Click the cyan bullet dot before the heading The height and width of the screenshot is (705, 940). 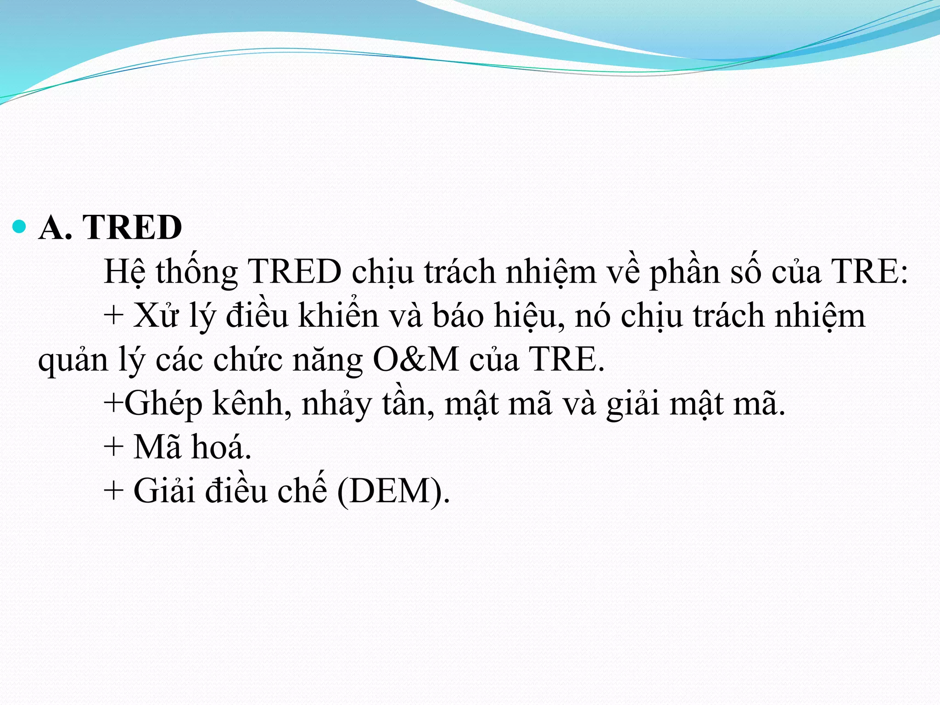[19, 226]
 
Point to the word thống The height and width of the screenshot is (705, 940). [196, 272]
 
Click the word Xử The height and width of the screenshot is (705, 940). [155, 316]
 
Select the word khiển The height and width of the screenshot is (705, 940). [338, 316]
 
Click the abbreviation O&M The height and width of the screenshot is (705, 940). [415, 359]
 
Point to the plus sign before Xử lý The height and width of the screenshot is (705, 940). [113, 316]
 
